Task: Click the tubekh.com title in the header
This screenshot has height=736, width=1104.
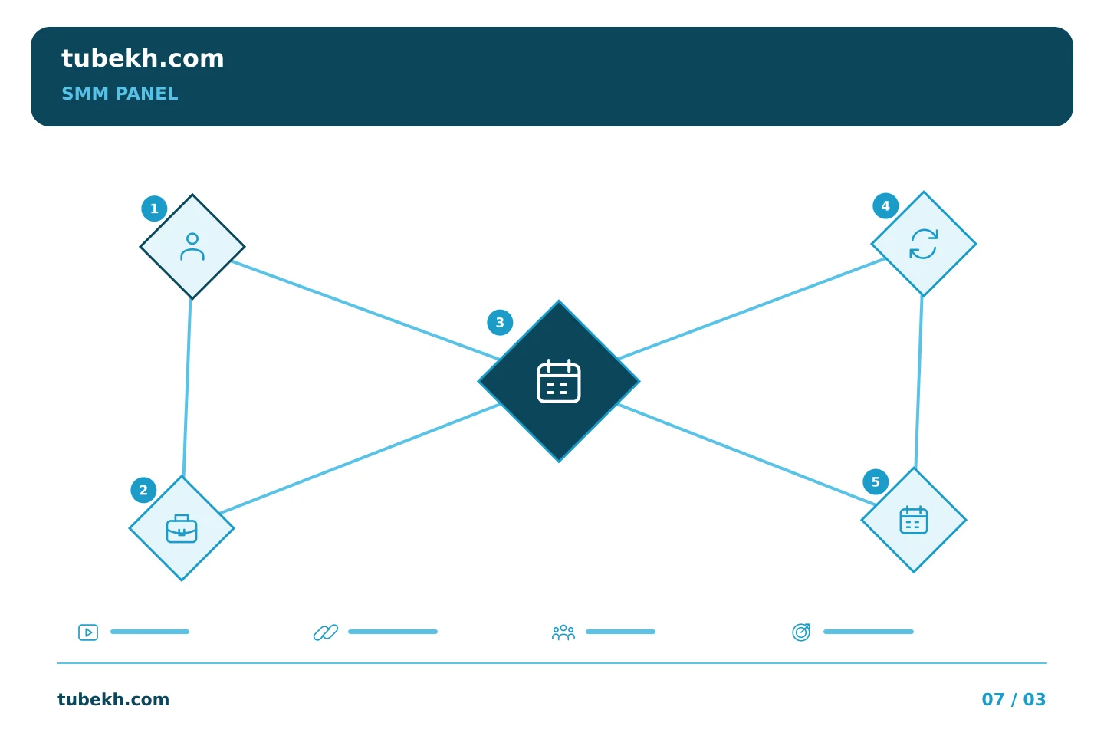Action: (143, 58)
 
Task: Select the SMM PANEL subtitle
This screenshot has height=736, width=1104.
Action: (120, 94)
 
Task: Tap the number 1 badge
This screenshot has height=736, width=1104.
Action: (154, 209)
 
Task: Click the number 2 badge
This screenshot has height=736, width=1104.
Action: (143, 490)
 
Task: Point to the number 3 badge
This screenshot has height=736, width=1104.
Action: (500, 323)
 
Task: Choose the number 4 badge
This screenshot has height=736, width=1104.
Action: (886, 205)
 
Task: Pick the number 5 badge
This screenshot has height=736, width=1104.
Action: (876, 481)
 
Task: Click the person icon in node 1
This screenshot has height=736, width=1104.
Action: (192, 247)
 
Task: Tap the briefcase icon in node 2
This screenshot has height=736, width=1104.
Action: (182, 528)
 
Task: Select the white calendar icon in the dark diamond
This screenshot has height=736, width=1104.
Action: (558, 381)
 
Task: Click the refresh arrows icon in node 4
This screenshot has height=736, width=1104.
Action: (923, 244)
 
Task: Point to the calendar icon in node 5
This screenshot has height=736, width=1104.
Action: (913, 520)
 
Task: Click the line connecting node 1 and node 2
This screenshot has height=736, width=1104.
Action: (187, 387)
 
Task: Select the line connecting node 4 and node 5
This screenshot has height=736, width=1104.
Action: (918, 382)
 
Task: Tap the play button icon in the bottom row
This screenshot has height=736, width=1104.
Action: (88, 632)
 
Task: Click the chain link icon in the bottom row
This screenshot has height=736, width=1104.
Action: (326, 632)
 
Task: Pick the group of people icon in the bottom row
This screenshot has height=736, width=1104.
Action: (563, 632)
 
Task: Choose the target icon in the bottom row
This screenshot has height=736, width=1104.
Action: (801, 632)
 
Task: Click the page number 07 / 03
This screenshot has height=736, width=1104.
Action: (1014, 699)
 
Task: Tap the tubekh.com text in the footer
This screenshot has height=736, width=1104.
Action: (113, 699)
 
